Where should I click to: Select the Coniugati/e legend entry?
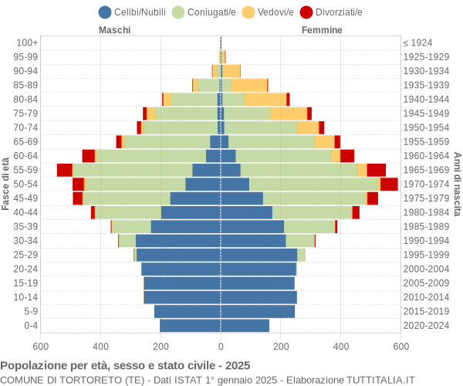pyautogui.click(x=204, y=12)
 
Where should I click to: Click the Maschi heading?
pyautogui.click(x=114, y=30)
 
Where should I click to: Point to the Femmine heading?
pyautogui.click(x=322, y=30)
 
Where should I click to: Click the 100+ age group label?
pyautogui.click(x=27, y=42)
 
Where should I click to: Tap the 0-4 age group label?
pyautogui.click(x=30, y=326)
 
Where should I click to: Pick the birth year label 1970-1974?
pyautogui.click(x=427, y=184)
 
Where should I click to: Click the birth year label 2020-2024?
pyautogui.click(x=427, y=326)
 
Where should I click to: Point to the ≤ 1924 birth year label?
pyautogui.click(x=417, y=42)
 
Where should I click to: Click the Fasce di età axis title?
pyautogui.click(x=6, y=184)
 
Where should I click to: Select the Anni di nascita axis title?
pyautogui.click(x=457, y=184)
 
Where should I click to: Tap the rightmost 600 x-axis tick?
pyautogui.click(x=400, y=347)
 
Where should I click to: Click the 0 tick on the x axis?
pyautogui.click(x=221, y=347)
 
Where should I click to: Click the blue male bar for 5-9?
pyautogui.click(x=188, y=311)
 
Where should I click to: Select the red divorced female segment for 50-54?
pyautogui.click(x=389, y=184)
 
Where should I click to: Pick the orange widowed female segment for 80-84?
pyautogui.click(x=265, y=99)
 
